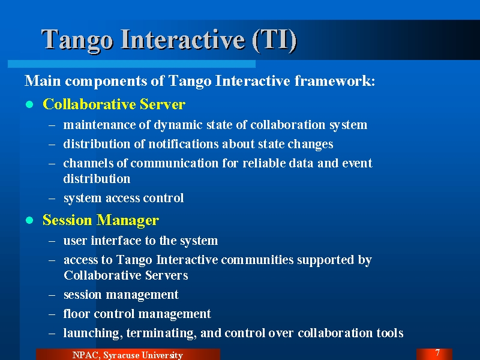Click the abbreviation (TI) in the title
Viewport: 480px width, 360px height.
(x=275, y=39)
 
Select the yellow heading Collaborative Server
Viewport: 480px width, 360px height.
(x=114, y=104)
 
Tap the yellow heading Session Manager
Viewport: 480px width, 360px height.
(x=101, y=220)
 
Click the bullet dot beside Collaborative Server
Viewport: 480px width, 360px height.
(x=29, y=104)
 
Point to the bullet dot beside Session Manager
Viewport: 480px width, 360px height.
(x=29, y=220)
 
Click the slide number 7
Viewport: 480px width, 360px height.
(x=437, y=353)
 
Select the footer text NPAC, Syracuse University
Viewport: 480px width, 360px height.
(x=128, y=355)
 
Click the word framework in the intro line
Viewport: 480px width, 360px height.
(x=335, y=81)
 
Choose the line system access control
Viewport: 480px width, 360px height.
(x=124, y=199)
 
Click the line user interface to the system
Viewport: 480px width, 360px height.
(x=140, y=241)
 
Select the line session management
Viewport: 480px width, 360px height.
(x=121, y=295)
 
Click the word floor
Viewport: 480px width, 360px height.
(x=77, y=314)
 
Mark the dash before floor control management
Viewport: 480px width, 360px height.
(x=52, y=314)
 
